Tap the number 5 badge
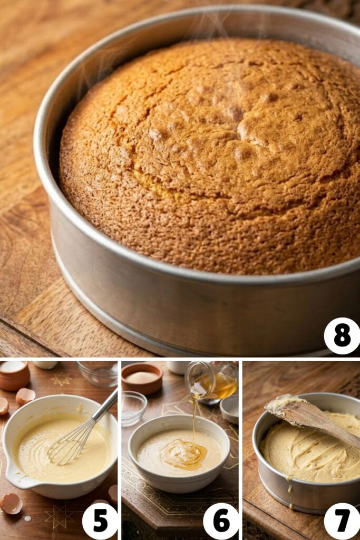pyautogui.click(x=100, y=520)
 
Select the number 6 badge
pyautogui.click(x=221, y=520)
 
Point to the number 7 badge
pyautogui.click(x=342, y=520)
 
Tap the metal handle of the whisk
pyautogui.click(x=105, y=405)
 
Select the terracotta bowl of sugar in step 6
pyautogui.click(x=142, y=378)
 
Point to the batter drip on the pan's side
pyautogui.click(x=289, y=493)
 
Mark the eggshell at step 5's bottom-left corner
pyautogui.click(x=11, y=503)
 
